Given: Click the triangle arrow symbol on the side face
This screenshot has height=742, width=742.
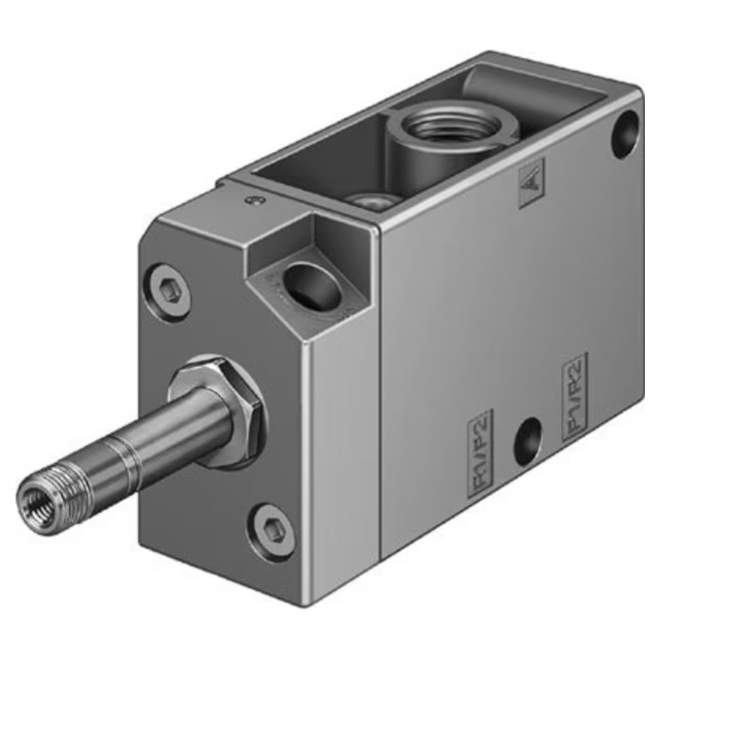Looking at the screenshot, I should click(532, 183).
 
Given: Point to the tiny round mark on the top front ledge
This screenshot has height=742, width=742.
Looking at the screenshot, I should click(252, 199).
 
